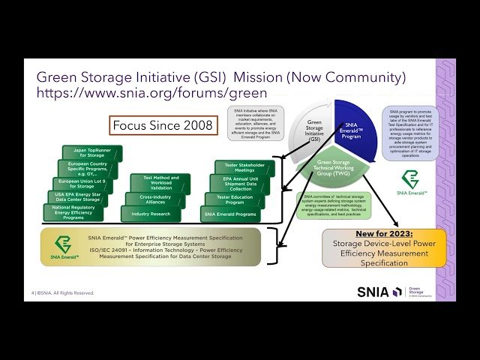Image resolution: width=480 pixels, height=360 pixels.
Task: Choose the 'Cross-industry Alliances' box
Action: coord(155,199)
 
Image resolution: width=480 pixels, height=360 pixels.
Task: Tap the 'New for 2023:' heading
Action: coord(384,234)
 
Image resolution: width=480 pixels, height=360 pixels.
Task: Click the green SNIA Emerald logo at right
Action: coord(413,182)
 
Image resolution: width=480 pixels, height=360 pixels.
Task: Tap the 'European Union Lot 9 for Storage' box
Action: coord(82,183)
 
